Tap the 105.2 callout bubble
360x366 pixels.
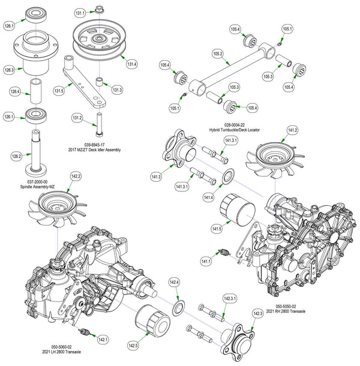[218, 54]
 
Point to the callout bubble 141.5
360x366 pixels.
[217, 229]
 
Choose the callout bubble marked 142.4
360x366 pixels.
[173, 282]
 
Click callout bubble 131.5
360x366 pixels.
[59, 91]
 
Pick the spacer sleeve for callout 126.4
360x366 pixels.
[38, 91]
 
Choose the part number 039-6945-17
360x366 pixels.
[95, 145]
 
